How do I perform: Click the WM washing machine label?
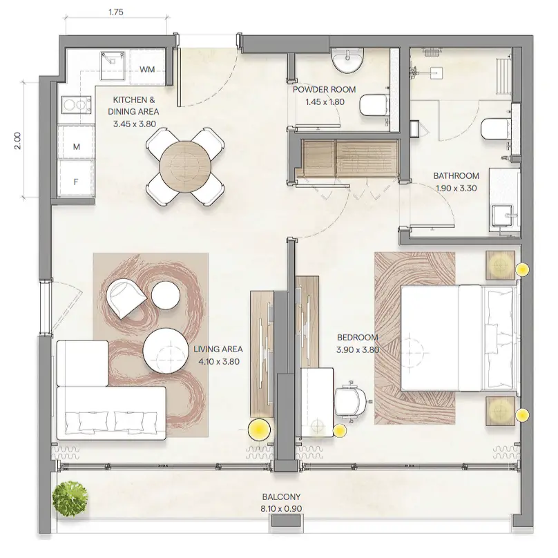[147, 69]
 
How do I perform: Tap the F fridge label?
[76, 182]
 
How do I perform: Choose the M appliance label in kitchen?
[76, 146]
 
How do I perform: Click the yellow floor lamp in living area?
[259, 430]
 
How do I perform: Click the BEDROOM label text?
[358, 337]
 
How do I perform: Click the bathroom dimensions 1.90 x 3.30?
[456, 187]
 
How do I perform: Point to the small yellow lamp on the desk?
[339, 431]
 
